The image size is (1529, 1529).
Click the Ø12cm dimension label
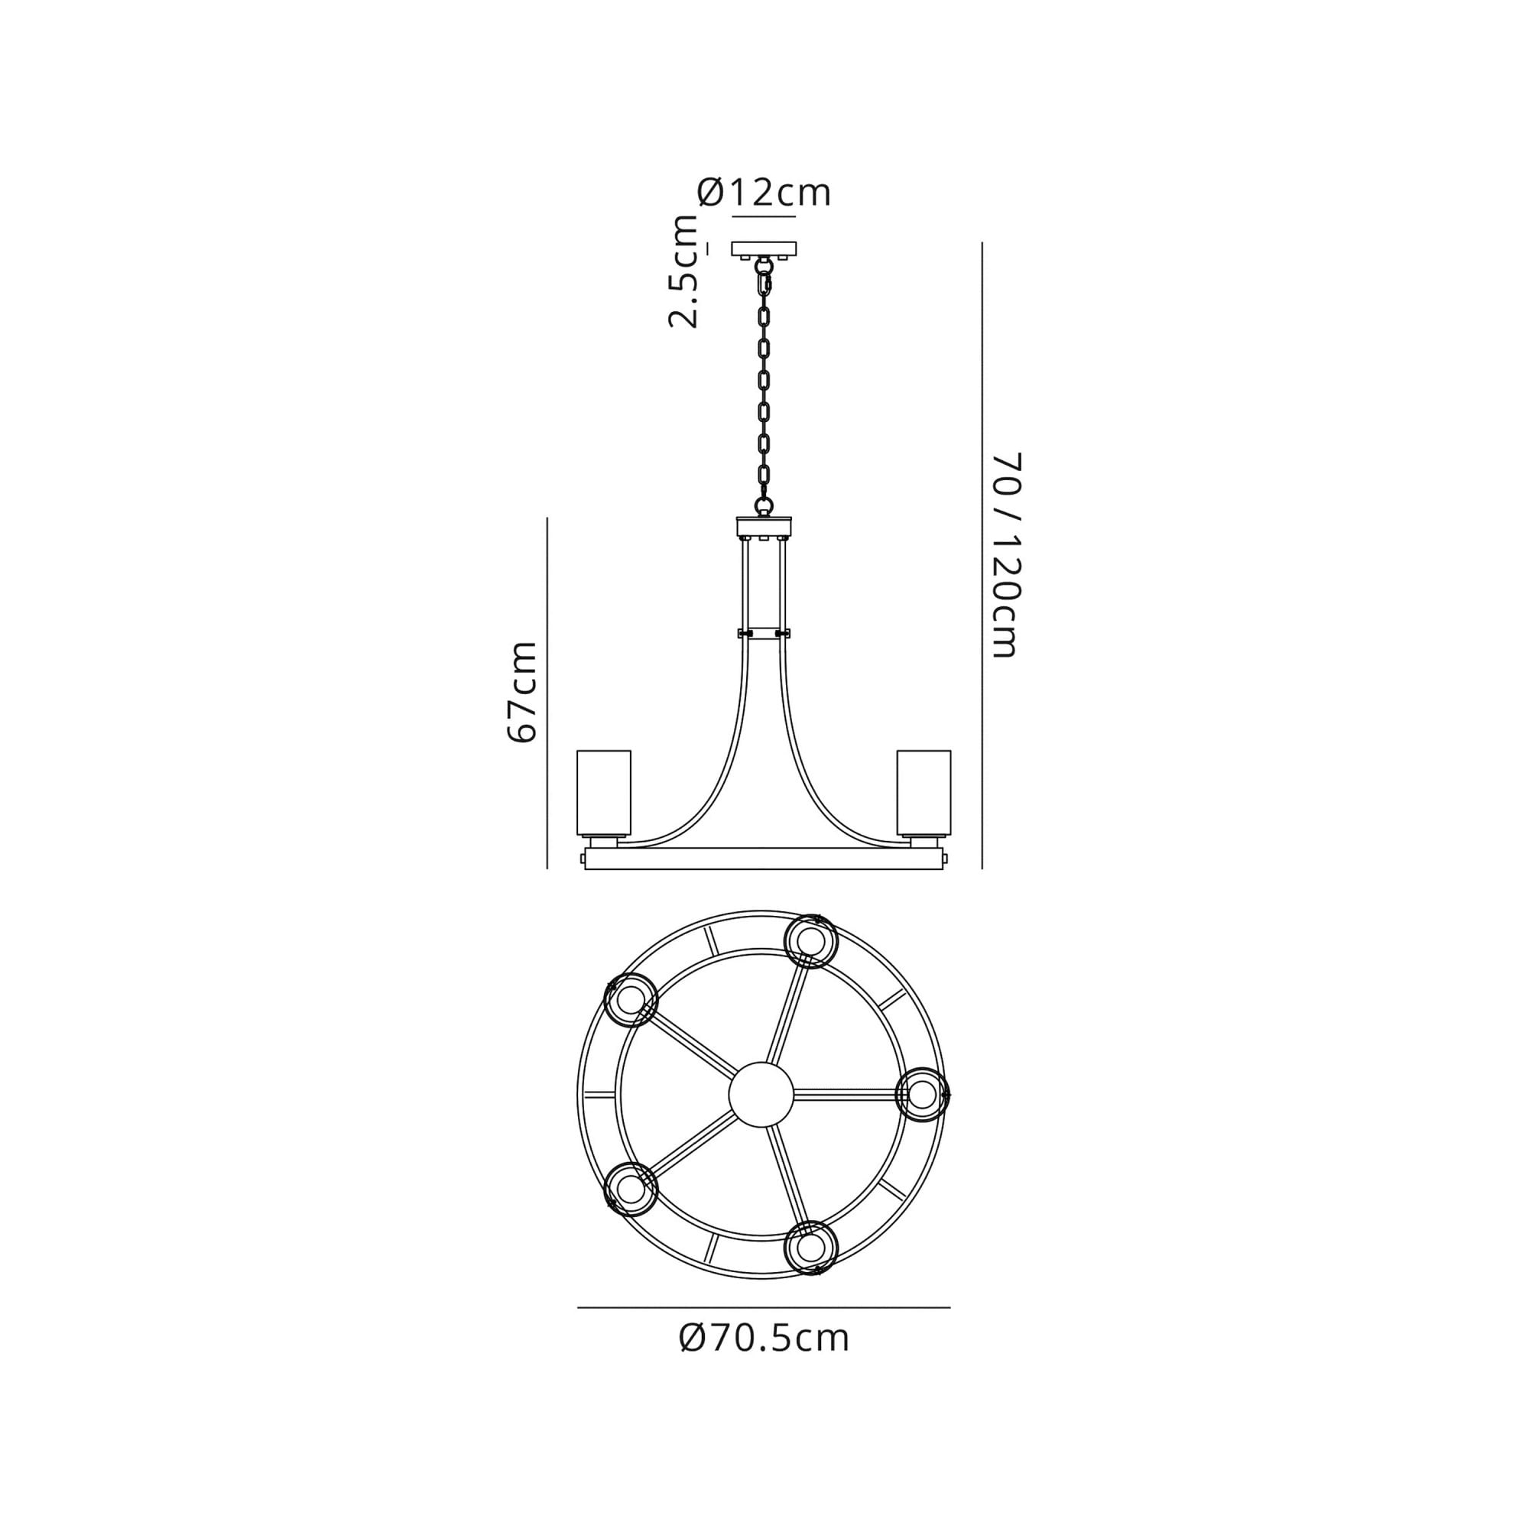click(764, 193)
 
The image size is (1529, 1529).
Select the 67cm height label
click(522, 693)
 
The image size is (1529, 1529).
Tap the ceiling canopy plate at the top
click(764, 249)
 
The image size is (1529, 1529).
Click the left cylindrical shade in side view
click(604, 793)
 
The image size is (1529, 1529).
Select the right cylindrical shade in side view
click(924, 793)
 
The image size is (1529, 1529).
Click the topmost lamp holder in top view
click(810, 941)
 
